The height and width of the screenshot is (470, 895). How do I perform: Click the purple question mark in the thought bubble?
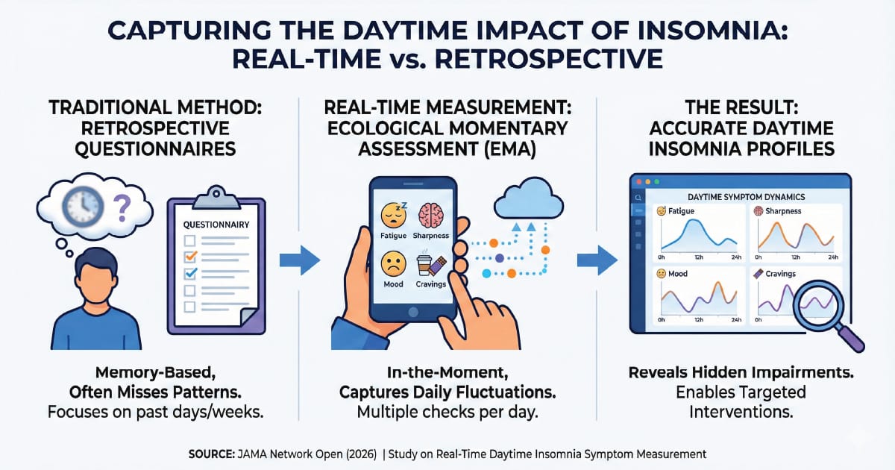click(x=122, y=208)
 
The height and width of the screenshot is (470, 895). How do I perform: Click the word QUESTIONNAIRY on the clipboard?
click(x=216, y=225)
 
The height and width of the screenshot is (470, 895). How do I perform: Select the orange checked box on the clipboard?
click(x=190, y=256)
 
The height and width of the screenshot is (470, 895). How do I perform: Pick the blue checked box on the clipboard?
click(x=190, y=273)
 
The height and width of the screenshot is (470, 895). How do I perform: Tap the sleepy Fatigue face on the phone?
click(x=394, y=215)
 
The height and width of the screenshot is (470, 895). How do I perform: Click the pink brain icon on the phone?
click(x=431, y=215)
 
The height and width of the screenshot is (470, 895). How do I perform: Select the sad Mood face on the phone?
click(x=394, y=264)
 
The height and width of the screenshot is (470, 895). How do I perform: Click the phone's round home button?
click(x=413, y=312)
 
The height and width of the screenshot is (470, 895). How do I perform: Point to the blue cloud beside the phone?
click(x=529, y=199)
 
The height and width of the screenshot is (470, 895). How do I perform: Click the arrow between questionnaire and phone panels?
click(x=300, y=260)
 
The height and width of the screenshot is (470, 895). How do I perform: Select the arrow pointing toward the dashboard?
click(x=597, y=260)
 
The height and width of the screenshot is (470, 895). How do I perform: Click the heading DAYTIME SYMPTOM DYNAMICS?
click(x=746, y=197)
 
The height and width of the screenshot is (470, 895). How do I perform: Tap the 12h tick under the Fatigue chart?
click(x=699, y=257)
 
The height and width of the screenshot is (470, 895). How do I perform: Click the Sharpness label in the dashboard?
click(x=783, y=211)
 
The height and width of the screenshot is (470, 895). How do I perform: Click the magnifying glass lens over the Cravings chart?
click(x=819, y=304)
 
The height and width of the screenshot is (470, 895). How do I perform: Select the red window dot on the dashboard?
click(x=639, y=182)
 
